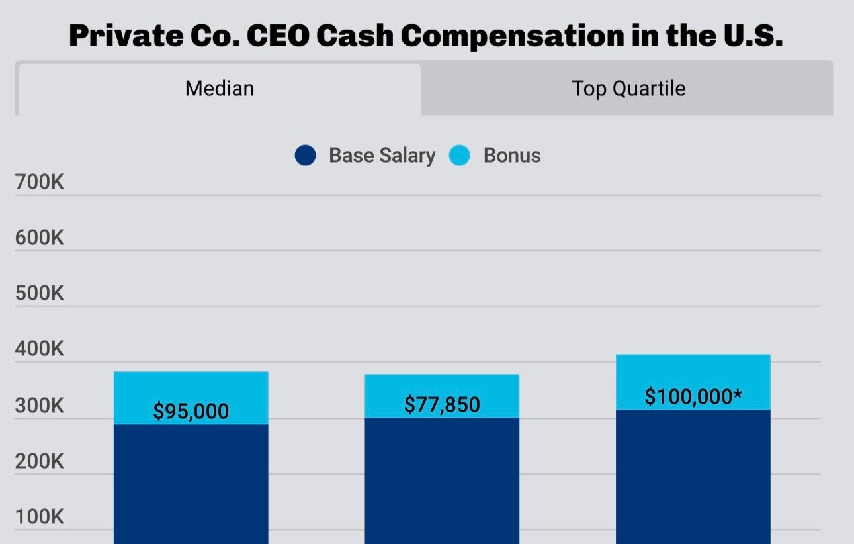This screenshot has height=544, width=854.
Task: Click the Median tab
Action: click(219, 89)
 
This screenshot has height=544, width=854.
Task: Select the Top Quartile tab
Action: click(628, 89)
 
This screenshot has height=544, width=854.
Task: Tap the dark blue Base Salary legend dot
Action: click(305, 156)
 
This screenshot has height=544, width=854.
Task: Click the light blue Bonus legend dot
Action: click(460, 156)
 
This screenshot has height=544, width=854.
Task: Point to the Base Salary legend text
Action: click(382, 156)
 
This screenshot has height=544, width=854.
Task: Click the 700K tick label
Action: click(40, 182)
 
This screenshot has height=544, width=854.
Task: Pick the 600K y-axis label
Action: click(40, 238)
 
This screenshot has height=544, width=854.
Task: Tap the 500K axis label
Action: click(40, 293)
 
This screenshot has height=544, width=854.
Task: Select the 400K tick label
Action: click(40, 349)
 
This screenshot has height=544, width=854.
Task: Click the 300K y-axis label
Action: click(40, 405)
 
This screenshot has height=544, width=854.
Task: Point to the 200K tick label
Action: click(40, 461)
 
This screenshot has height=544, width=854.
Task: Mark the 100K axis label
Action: click(40, 517)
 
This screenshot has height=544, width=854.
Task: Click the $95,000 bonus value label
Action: click(191, 411)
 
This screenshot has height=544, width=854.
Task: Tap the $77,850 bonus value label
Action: click(442, 404)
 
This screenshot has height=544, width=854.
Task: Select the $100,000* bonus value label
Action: click(693, 397)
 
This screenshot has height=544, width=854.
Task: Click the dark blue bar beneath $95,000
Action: click(191, 483)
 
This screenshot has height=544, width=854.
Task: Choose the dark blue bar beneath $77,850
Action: click(442, 480)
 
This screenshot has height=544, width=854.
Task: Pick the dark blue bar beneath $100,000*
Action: click(693, 476)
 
